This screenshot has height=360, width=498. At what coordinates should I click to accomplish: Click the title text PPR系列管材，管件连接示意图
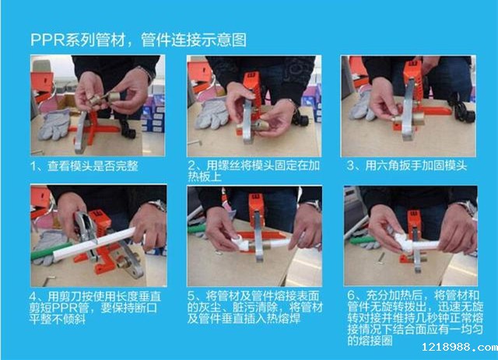[x=139, y=40]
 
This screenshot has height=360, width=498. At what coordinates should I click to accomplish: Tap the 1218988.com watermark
[x=460, y=347]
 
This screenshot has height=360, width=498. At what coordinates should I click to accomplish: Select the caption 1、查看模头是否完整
[x=85, y=166]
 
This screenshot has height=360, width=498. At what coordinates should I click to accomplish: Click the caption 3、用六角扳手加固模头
[x=407, y=166]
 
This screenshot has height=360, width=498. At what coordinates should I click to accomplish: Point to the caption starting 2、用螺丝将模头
[x=254, y=171]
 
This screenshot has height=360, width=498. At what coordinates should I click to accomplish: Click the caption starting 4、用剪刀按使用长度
[x=95, y=307]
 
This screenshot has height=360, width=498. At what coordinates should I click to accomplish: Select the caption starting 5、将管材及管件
[x=254, y=307]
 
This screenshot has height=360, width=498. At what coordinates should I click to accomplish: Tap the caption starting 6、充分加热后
[x=415, y=318]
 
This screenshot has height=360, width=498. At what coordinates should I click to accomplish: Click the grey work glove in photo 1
[x=54, y=124]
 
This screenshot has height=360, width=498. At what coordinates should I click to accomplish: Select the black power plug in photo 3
[x=461, y=111]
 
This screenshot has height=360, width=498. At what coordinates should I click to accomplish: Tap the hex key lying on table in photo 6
[x=382, y=258]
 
